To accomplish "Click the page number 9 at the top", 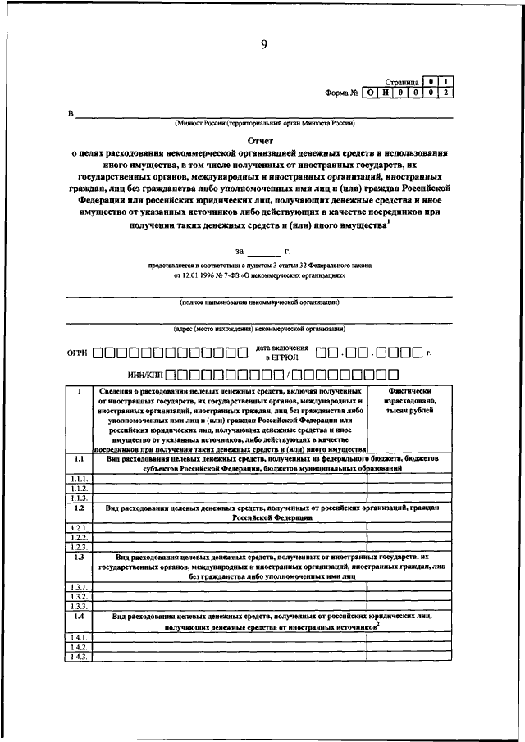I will [264, 45].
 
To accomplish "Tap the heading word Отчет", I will [263, 140].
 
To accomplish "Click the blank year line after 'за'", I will [263, 251].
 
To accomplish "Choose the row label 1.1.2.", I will [79, 488].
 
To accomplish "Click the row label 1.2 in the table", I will [79, 508].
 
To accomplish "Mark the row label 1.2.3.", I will [79, 546].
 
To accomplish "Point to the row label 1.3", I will [79, 558].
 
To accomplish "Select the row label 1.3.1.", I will [79, 586].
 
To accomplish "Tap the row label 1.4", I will [79, 615].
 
